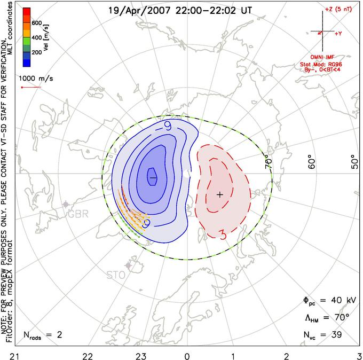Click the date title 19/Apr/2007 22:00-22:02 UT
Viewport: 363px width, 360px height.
[180, 10]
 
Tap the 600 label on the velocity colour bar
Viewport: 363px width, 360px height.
[37, 23]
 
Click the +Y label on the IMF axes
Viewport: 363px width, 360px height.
[338, 34]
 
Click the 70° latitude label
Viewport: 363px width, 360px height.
[269, 160]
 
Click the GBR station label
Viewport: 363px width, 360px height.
[77, 214]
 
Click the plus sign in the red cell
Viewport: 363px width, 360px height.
[219, 195]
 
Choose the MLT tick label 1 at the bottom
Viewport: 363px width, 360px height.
[233, 355]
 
